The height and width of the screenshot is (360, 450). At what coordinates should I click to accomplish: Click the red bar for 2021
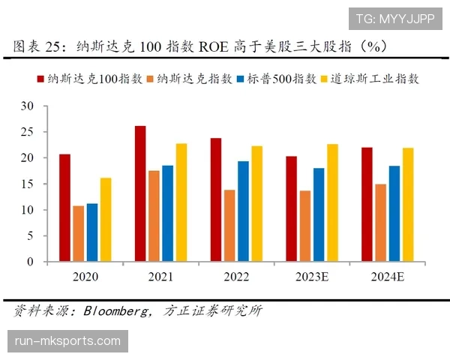(140, 194)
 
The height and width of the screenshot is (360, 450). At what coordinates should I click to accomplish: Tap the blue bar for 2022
(244, 211)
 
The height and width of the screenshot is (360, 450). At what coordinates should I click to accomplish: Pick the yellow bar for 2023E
(332, 203)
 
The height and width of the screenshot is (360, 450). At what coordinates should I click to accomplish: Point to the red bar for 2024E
(367, 205)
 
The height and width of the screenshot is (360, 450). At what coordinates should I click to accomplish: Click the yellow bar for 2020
(106, 220)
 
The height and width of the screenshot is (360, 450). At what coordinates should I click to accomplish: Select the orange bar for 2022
(229, 226)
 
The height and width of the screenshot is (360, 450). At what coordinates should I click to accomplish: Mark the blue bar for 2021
(168, 214)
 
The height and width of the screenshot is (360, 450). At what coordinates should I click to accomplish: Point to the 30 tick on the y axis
(28, 106)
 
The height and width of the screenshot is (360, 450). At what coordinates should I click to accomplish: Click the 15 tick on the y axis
(28, 184)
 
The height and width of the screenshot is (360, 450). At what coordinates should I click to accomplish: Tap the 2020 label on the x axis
(85, 277)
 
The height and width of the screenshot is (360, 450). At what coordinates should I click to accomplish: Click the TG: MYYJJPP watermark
(394, 19)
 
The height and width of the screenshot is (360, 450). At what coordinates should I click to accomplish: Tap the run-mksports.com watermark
(67, 342)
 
